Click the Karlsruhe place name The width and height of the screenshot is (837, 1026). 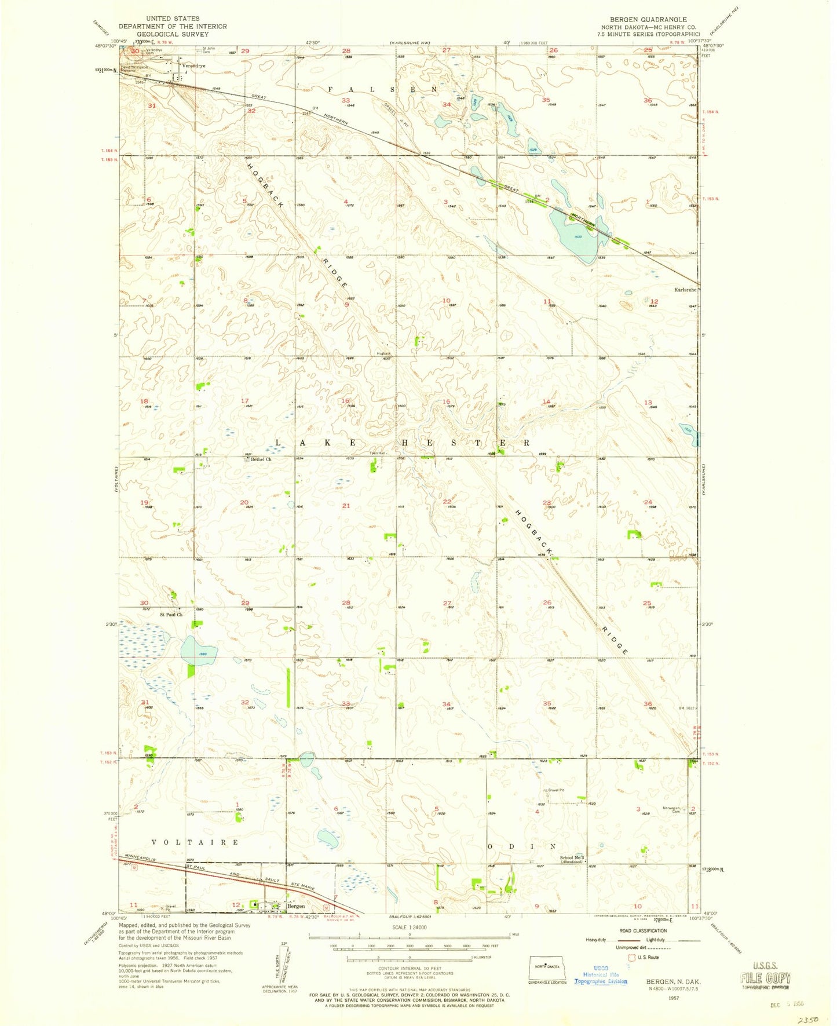[x=685, y=289]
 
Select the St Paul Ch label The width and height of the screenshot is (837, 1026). [x=171, y=614]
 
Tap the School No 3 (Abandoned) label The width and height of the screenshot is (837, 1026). [x=572, y=859]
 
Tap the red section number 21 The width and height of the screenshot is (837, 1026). [x=346, y=506]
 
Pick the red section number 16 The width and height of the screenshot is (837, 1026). [x=345, y=401]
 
